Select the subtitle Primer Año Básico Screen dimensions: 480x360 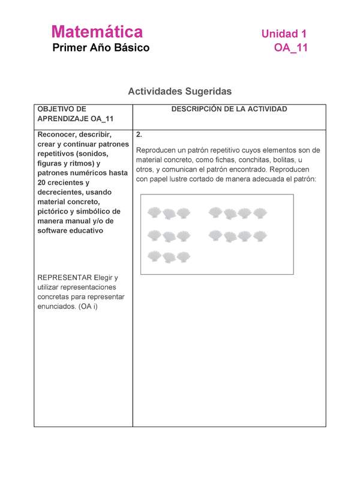tap(101, 47)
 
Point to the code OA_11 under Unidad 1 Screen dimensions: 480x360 tap(291, 49)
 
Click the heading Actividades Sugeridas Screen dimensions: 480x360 tap(179, 92)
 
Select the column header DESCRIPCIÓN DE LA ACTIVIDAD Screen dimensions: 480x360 tap(229, 109)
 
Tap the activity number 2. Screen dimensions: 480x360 tap(139, 135)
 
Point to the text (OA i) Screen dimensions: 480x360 tap(88, 307)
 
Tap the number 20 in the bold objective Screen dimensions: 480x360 tap(43, 182)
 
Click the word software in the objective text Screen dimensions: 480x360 tap(52, 230)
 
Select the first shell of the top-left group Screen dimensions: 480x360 tap(155, 212)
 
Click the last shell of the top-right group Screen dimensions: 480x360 tap(259, 212)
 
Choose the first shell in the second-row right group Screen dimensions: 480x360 tap(216, 235)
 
